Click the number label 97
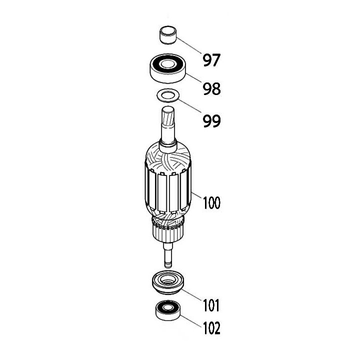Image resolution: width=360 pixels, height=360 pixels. click(211, 60)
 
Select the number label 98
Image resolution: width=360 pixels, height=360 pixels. click(211, 89)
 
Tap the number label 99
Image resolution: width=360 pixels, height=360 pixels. click(211, 121)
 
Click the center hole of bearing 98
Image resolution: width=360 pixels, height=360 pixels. click(168, 64)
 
